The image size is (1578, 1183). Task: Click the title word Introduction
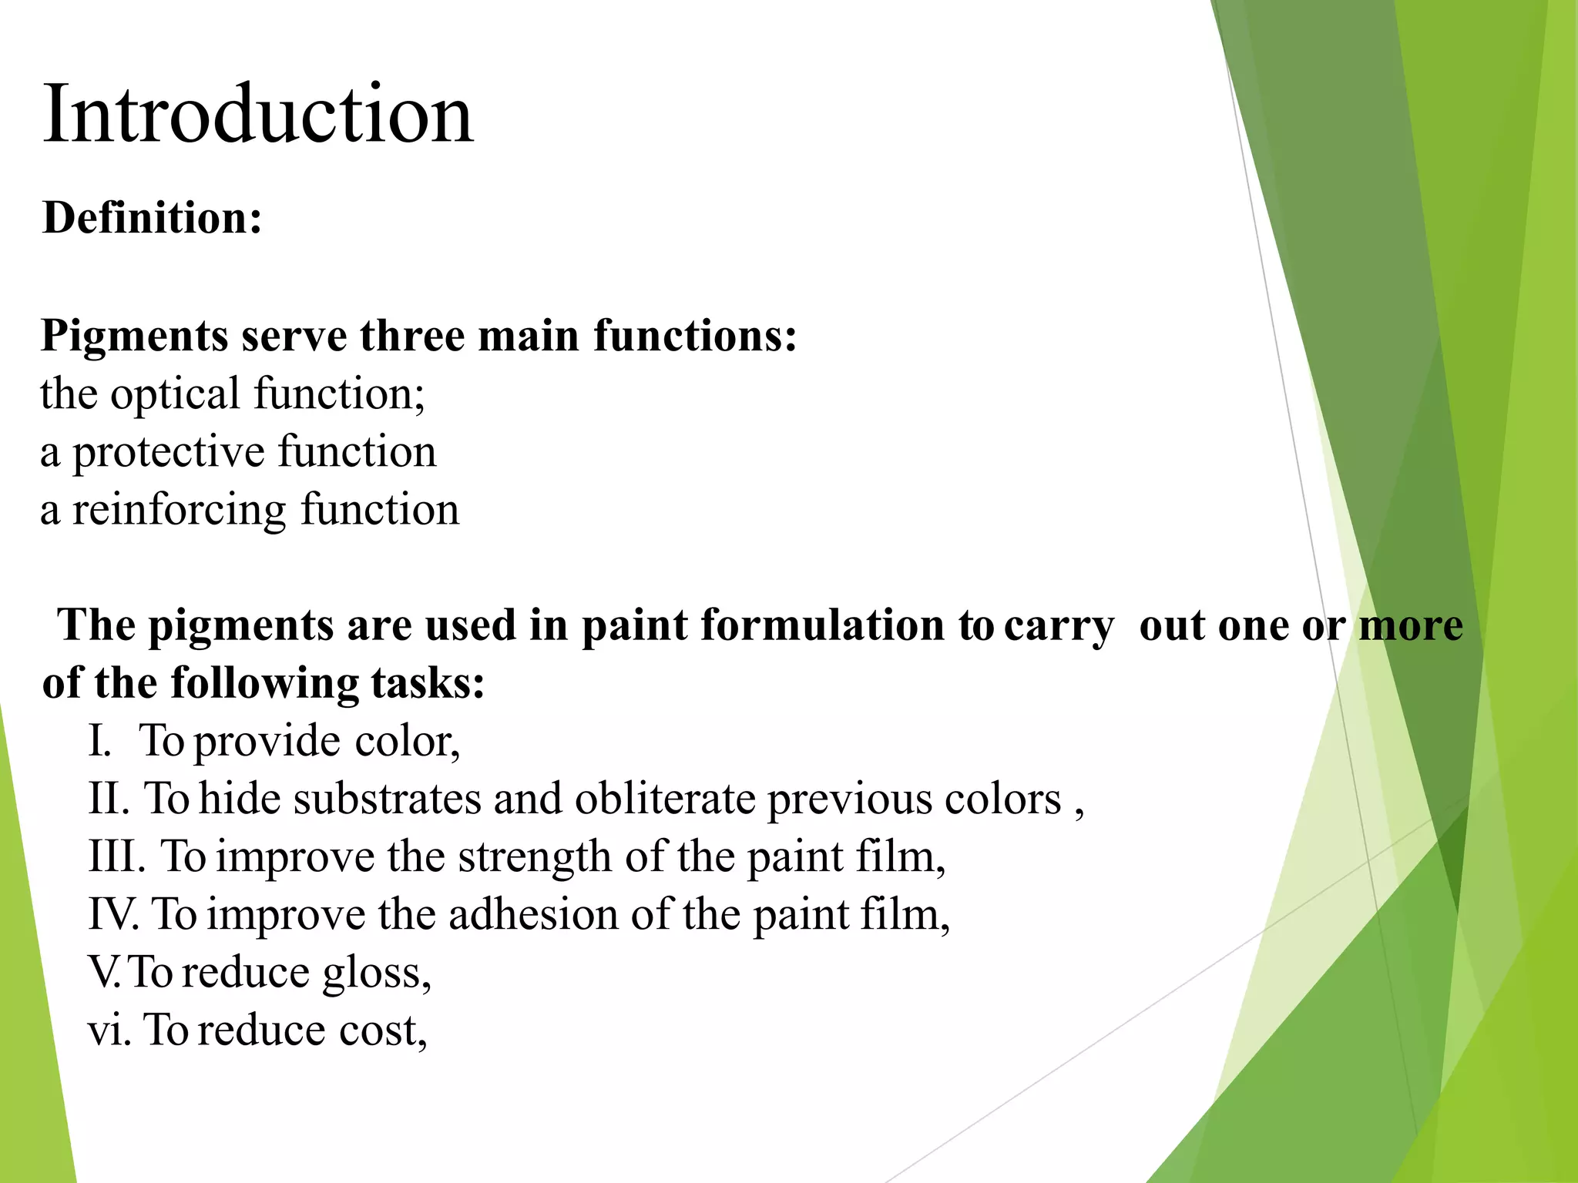click(258, 114)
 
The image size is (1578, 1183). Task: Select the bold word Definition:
click(153, 218)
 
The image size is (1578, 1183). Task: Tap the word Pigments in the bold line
click(135, 337)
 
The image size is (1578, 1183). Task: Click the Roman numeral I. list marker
click(99, 741)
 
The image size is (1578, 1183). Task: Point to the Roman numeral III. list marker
click(116, 856)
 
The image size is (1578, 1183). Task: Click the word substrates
click(387, 799)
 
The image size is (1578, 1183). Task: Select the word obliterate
click(665, 799)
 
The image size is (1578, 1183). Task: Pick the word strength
click(534, 857)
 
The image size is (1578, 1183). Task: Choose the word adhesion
click(533, 915)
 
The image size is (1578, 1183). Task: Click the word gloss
click(375, 974)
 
